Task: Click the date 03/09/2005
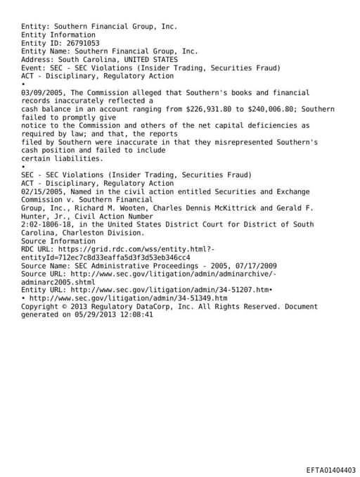41,93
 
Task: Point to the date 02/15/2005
41,192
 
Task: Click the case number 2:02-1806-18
46,224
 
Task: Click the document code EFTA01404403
330,469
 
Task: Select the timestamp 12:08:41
134,315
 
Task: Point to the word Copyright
39,307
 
